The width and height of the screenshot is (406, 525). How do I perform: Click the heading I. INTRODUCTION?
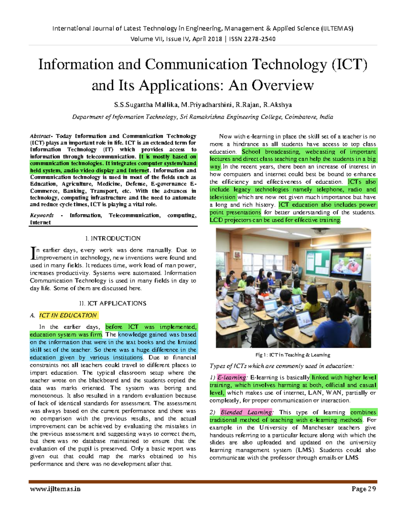[x=113, y=238]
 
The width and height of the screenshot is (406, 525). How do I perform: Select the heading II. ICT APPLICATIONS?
[x=113, y=303]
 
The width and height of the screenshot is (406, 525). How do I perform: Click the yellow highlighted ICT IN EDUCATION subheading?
[x=68, y=315]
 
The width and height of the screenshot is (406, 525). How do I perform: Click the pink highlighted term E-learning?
[x=232, y=378]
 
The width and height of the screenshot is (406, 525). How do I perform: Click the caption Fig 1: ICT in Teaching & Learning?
[x=293, y=355]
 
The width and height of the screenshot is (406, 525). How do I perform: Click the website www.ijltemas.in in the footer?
[x=55, y=489]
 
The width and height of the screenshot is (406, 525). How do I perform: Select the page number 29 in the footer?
[x=372, y=489]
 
